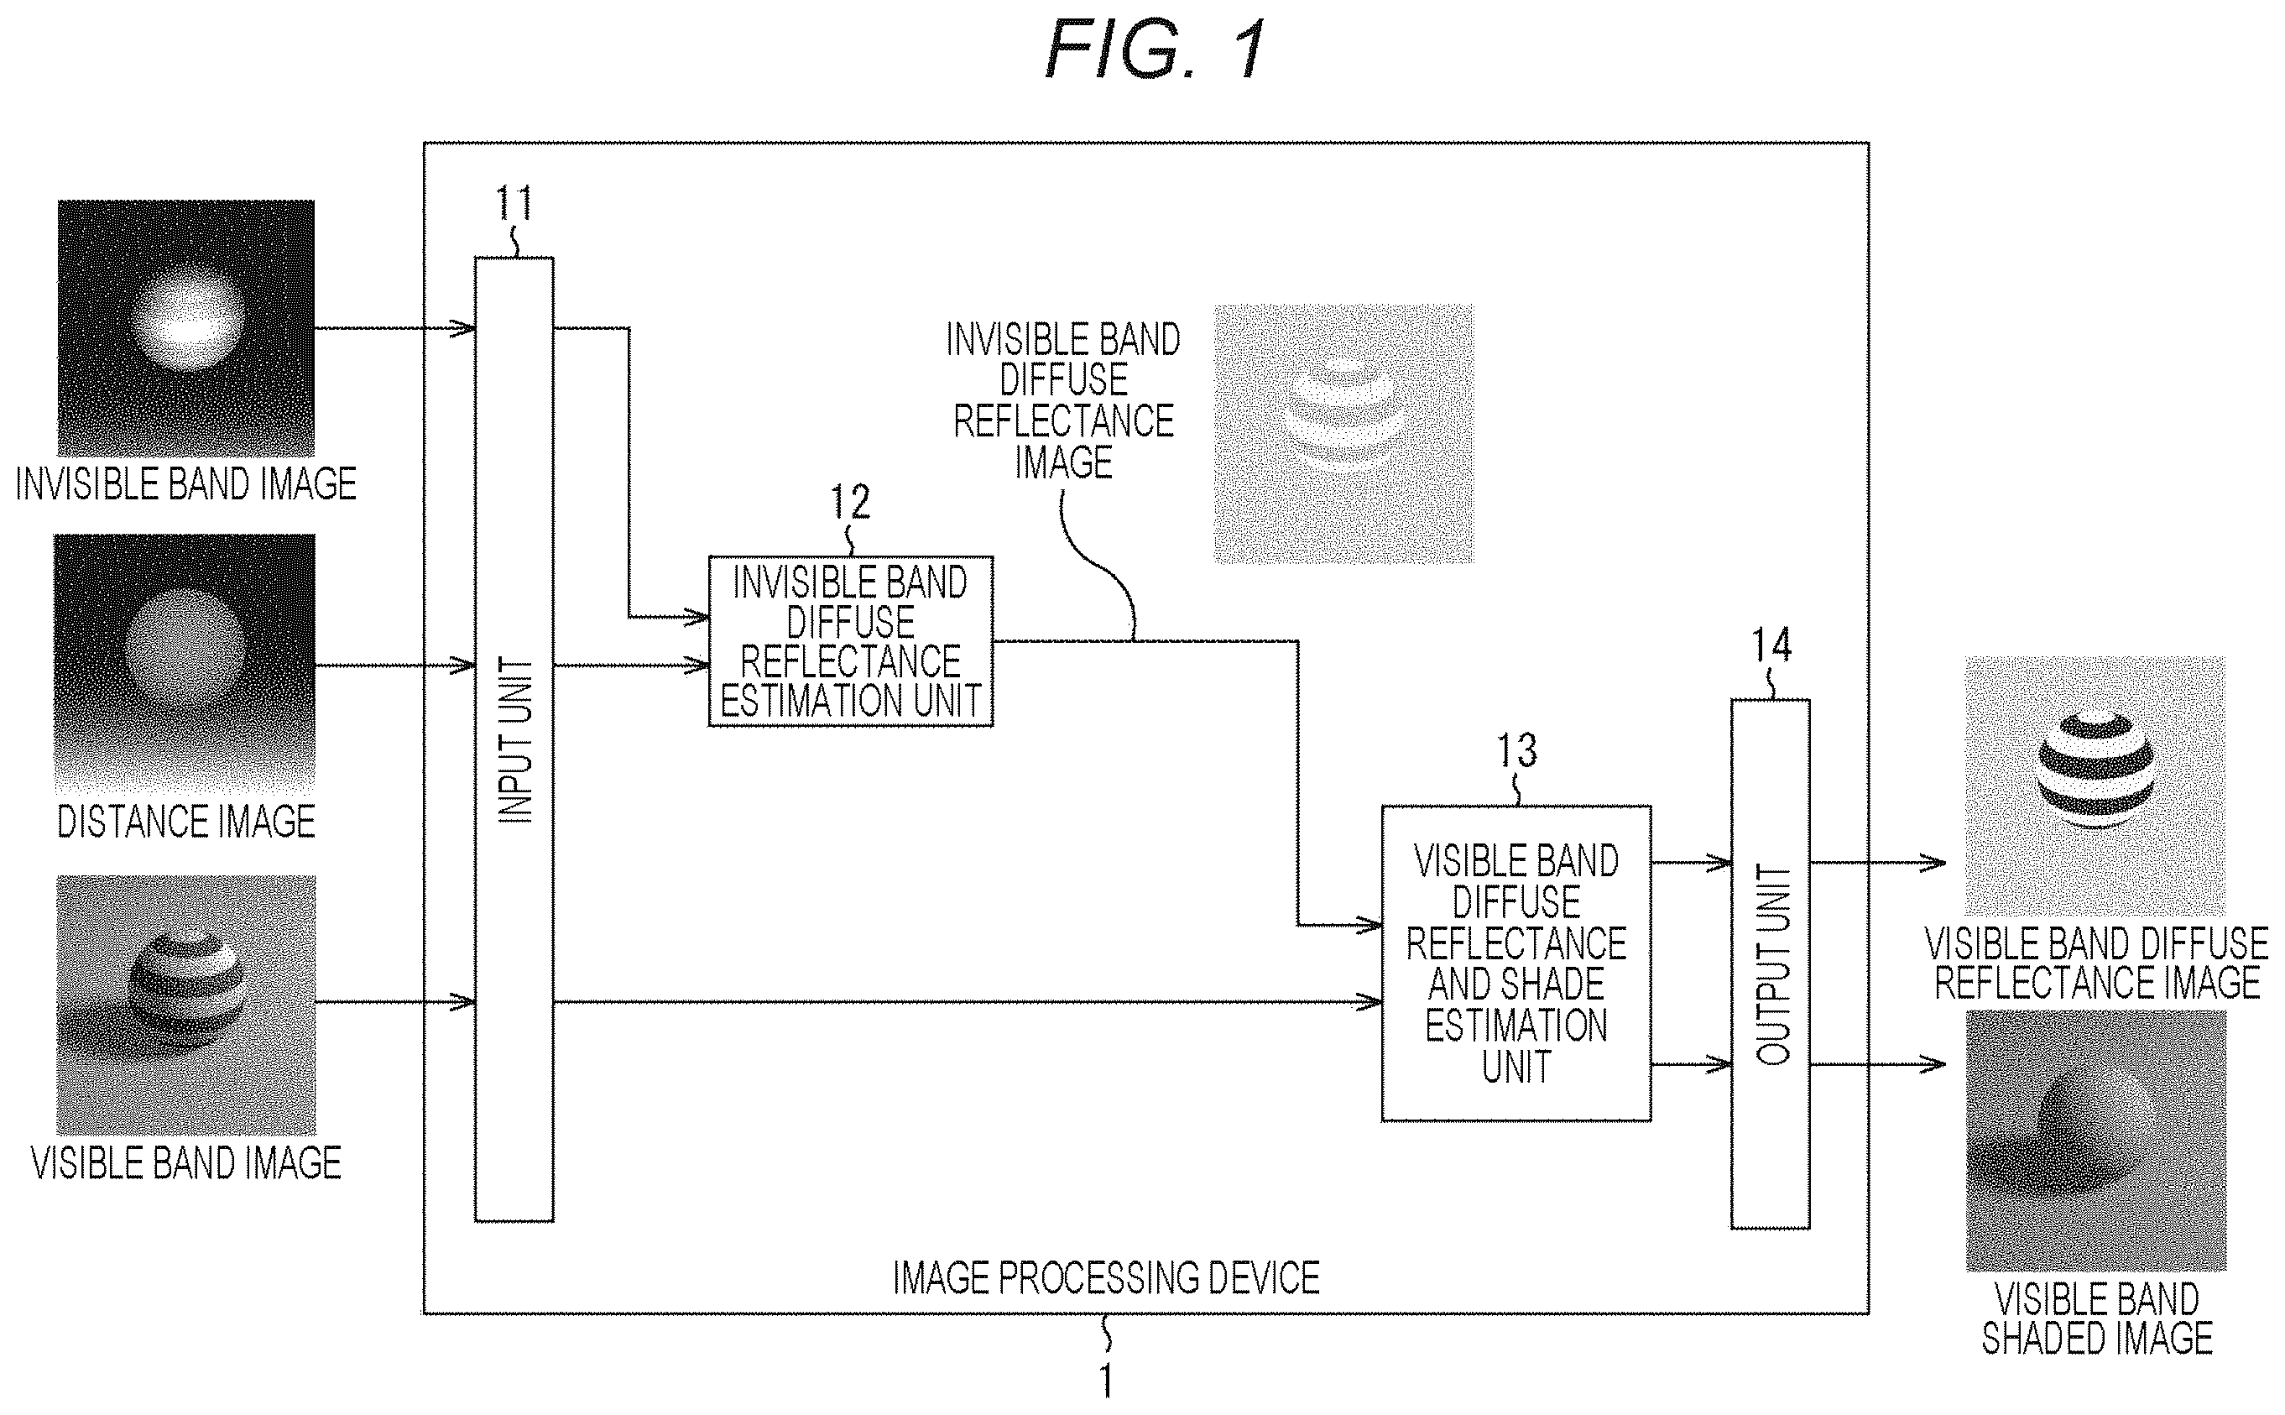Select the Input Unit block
click(514, 739)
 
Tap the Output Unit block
click(1770, 964)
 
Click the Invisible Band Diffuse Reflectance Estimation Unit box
click(851, 641)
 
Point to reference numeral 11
click(514, 202)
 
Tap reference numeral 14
click(1771, 645)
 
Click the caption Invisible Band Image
click(186, 483)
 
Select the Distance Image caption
click(186, 821)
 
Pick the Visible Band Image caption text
click(186, 1162)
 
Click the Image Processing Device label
click(1106, 1277)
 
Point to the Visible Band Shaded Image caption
click(2097, 1318)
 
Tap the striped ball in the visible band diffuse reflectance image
click(2096, 770)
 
